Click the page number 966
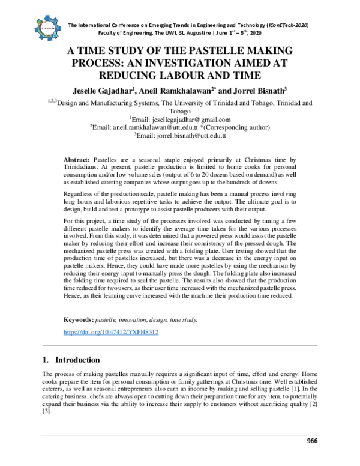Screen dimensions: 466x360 point(312,441)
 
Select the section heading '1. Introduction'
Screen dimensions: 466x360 point(71,360)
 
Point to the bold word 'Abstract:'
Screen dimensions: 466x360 point(78,158)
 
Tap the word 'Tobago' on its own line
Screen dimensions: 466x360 point(180,112)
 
